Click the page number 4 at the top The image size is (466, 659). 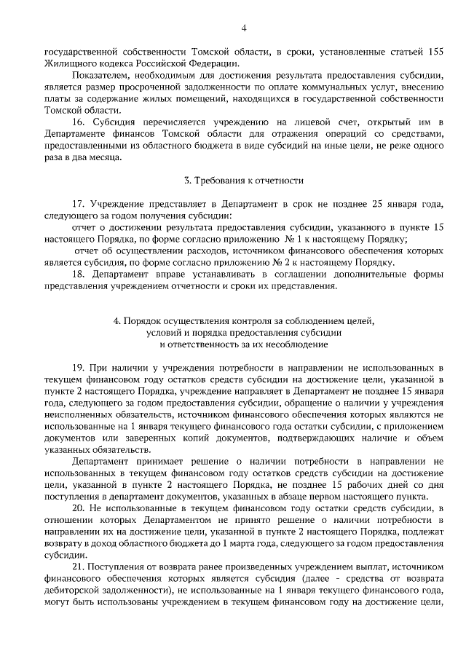[x=244, y=28]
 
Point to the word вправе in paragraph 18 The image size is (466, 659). [x=164, y=275]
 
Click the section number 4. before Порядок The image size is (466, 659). [x=118, y=321]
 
